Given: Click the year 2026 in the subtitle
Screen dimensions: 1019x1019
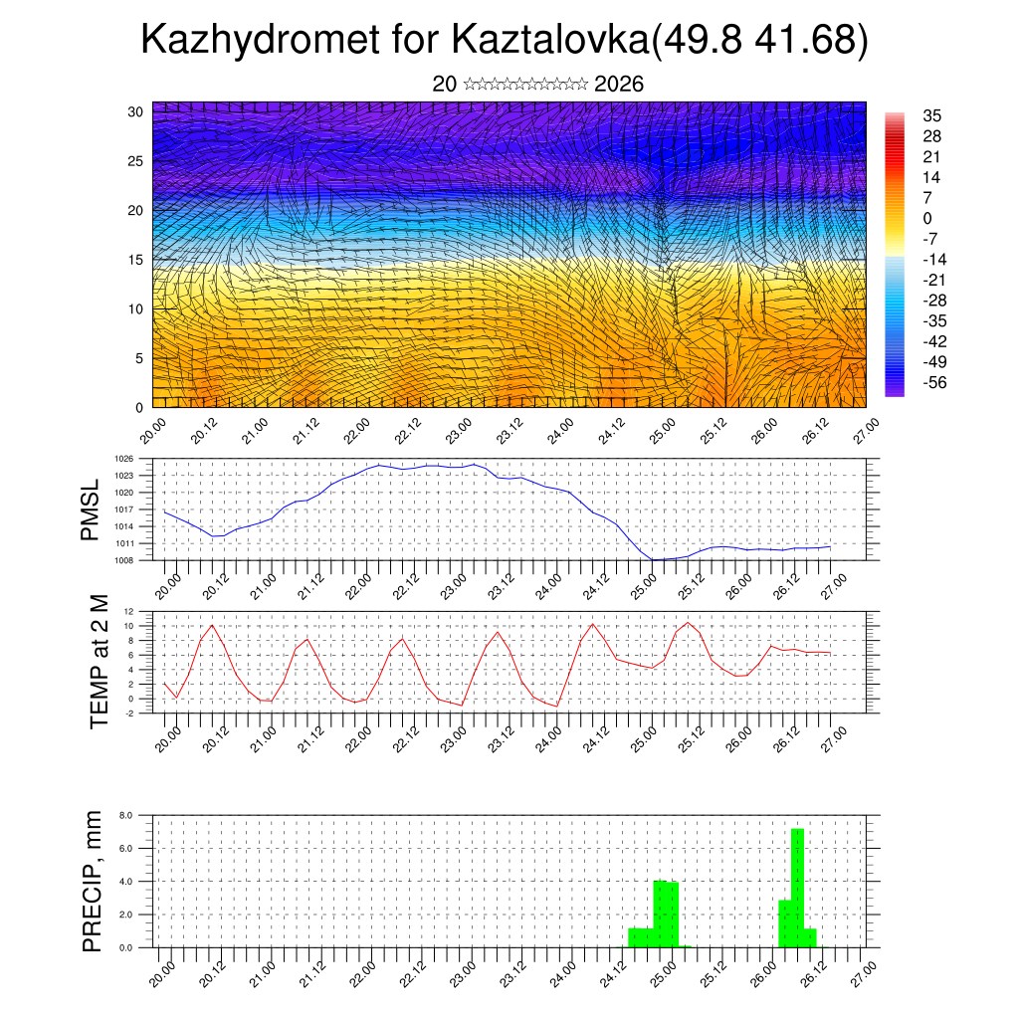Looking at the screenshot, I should (618, 85).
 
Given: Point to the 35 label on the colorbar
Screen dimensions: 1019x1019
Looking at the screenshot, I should (932, 115).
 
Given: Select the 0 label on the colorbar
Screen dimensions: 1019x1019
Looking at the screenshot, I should (927, 218).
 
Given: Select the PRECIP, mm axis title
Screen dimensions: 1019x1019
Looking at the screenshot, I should (93, 880).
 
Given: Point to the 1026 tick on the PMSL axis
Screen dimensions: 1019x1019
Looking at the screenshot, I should (123, 459).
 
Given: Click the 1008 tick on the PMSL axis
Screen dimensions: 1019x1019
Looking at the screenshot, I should (123, 560).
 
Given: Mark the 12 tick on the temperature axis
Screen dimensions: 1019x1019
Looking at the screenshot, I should (128, 611).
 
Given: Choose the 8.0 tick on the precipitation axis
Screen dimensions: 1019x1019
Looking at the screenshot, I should (126, 815).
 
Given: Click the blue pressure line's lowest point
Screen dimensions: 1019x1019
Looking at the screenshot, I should (655, 559).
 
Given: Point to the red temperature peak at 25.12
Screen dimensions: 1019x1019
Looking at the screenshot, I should (688, 623).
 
